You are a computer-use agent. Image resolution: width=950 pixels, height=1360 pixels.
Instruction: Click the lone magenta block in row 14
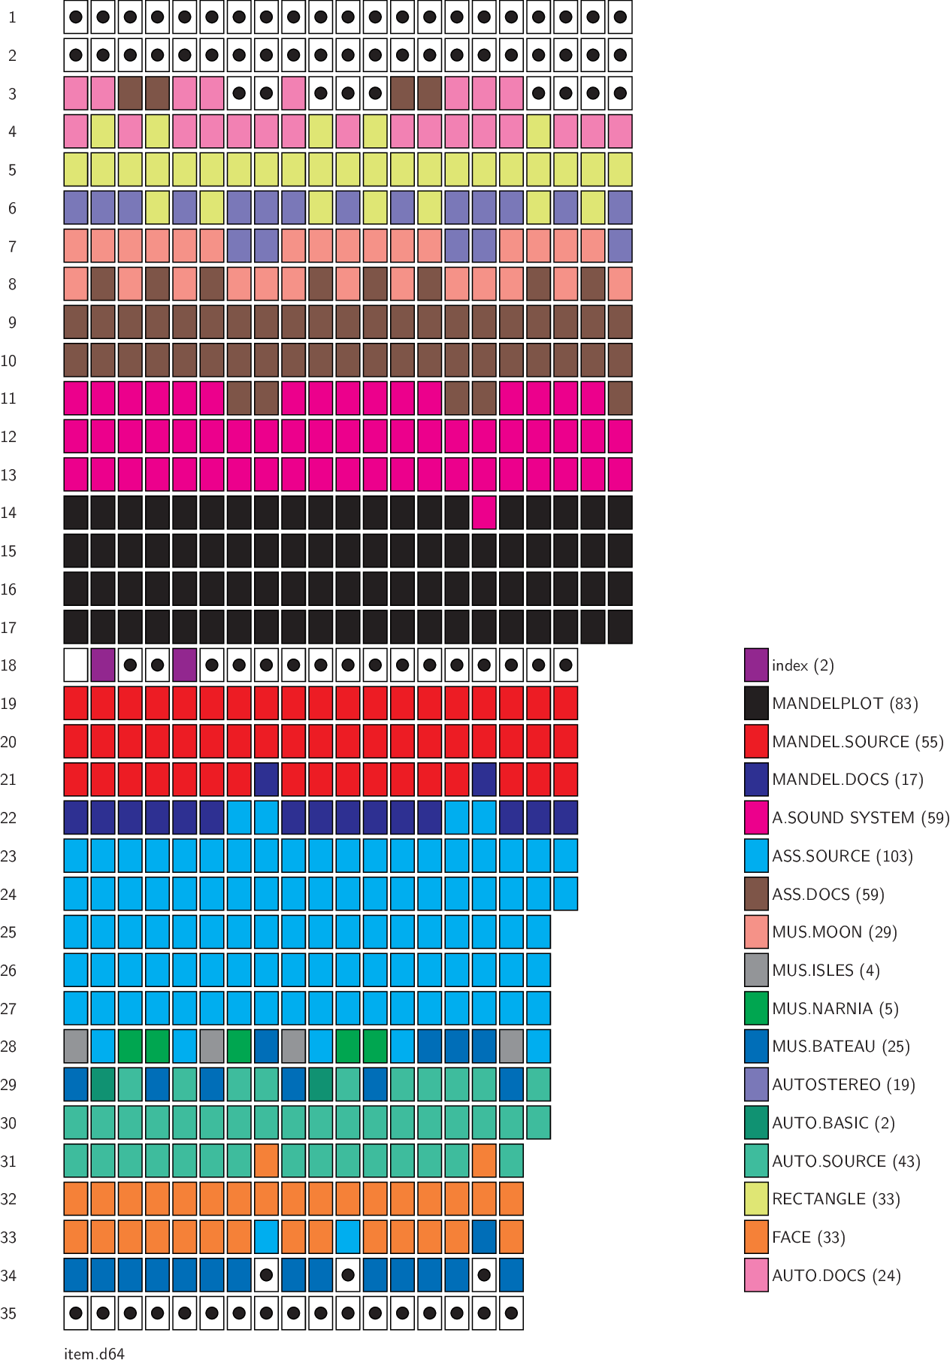point(484,513)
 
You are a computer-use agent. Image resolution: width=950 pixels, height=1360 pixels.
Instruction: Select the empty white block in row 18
point(76,665)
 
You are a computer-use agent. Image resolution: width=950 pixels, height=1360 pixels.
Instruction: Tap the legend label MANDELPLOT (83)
point(845,704)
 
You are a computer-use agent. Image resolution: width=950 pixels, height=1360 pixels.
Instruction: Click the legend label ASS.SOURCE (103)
point(842,856)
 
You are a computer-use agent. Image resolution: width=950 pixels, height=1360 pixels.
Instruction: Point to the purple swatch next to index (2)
point(756,665)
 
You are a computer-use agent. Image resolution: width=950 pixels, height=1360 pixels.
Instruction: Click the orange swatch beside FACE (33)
point(756,1237)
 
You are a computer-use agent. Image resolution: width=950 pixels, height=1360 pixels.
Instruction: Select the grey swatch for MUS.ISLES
point(756,971)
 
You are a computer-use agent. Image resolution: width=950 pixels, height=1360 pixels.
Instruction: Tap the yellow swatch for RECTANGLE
point(756,1199)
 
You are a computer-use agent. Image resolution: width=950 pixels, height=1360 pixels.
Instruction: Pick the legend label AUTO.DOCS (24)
point(836,1276)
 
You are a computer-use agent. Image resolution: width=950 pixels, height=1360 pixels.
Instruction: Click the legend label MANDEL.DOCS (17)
point(847,780)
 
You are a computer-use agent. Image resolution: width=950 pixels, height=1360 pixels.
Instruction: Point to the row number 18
point(8,665)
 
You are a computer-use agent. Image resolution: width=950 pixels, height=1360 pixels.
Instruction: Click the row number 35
point(8,1313)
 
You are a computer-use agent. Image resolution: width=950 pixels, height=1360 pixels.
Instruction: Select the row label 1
point(12,17)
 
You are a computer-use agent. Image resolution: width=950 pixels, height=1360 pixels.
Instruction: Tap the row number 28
point(8,1047)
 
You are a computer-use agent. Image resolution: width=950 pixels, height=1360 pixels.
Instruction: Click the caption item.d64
point(94,1354)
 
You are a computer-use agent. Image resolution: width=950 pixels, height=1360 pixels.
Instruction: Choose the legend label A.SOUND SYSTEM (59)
point(861,818)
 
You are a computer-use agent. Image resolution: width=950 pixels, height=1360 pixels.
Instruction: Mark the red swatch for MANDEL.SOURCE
point(756,742)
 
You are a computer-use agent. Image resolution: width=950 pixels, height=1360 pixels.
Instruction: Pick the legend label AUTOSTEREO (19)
point(843,1085)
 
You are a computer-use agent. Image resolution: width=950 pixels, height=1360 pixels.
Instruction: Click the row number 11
point(8,398)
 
